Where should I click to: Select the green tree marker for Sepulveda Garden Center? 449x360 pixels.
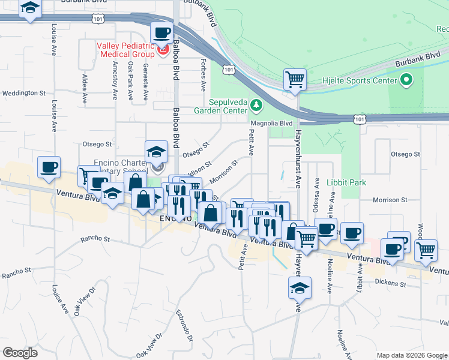[x=256, y=106]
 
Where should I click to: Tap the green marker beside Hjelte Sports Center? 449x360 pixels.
[x=406, y=80]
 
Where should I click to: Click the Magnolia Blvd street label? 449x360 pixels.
[x=271, y=123]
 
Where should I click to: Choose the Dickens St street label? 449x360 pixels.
[x=391, y=282]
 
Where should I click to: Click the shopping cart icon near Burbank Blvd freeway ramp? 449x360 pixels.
[x=295, y=79]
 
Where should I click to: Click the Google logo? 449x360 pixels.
[x=20, y=353]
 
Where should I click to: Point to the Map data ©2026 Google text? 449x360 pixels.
[x=411, y=355]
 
